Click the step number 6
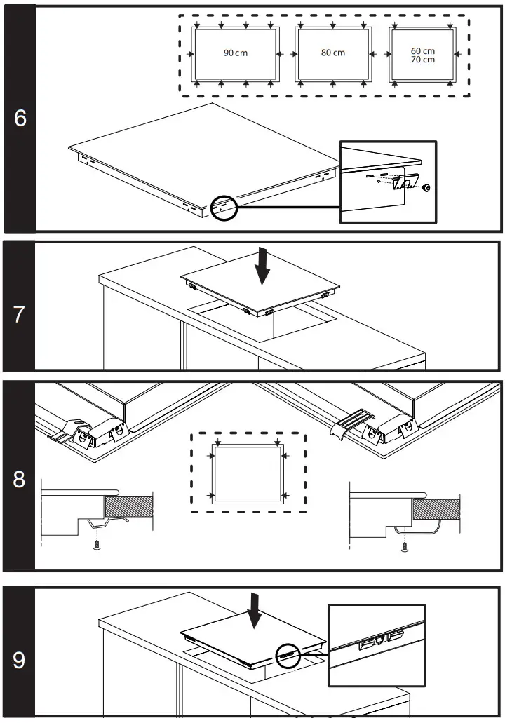20,118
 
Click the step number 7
19,315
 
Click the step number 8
19,480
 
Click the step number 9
19,661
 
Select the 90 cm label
236,53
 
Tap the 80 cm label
333,53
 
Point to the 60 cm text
422,51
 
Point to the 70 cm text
422,60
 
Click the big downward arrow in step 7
262,266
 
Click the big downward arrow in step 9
255,612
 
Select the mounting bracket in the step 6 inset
405,182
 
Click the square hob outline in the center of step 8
248,473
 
